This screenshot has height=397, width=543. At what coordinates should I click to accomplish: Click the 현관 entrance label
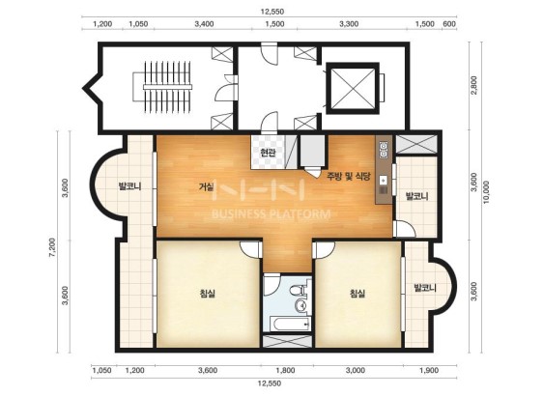(x=268, y=153)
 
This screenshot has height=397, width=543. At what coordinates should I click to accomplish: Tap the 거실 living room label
(x=206, y=186)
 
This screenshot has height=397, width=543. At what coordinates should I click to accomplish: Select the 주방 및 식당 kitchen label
(x=349, y=177)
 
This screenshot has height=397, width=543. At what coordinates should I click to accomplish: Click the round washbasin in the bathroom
(x=301, y=305)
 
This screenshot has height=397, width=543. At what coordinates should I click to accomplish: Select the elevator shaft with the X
(x=353, y=88)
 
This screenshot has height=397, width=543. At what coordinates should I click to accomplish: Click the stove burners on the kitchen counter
(x=383, y=150)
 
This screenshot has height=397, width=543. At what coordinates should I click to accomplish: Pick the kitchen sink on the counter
(x=383, y=180)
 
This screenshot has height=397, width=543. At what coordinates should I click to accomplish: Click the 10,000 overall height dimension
(x=487, y=192)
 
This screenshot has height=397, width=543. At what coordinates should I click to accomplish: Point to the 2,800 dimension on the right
(x=474, y=85)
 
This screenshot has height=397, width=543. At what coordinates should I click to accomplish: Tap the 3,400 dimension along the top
(x=204, y=24)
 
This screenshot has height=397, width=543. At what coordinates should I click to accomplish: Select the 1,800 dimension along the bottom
(x=285, y=371)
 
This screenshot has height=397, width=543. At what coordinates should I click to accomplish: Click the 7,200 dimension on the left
(x=52, y=247)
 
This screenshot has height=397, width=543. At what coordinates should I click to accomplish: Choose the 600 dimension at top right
(x=449, y=24)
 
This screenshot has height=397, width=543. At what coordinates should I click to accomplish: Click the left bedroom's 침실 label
(x=208, y=294)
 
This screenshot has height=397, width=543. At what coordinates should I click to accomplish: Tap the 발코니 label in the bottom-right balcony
(x=425, y=288)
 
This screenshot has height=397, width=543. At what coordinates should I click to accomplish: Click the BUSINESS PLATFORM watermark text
(x=271, y=213)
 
